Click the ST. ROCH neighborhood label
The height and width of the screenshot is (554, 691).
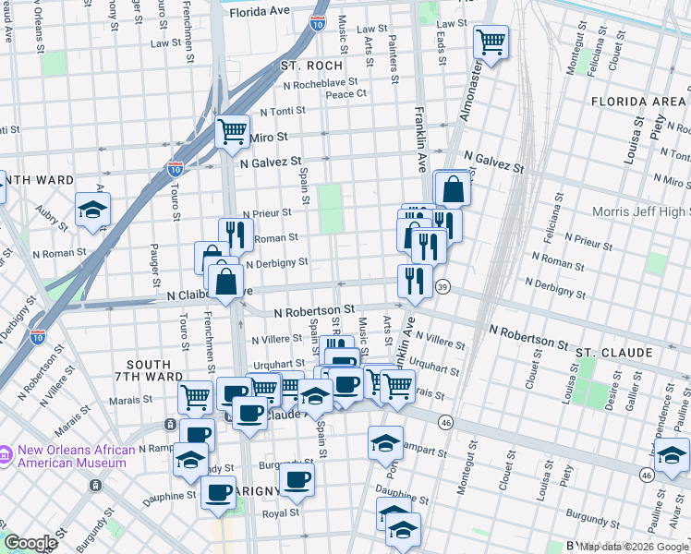[312, 66]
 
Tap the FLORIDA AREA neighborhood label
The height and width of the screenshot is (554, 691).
[638, 101]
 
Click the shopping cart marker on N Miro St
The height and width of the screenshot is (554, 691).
[232, 131]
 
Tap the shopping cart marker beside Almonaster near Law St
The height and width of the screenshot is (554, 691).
[491, 42]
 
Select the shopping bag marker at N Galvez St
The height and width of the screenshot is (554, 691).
[453, 188]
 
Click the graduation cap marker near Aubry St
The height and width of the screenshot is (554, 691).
[93, 210]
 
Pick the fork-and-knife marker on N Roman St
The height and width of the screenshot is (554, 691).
[236, 235]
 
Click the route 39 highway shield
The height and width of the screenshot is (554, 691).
[443, 286]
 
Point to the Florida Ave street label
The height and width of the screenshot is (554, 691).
[260, 11]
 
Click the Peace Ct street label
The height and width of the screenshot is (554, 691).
[346, 93]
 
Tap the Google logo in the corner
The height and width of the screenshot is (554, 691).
[30, 543]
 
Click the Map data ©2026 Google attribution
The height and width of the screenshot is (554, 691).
[634, 547]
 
